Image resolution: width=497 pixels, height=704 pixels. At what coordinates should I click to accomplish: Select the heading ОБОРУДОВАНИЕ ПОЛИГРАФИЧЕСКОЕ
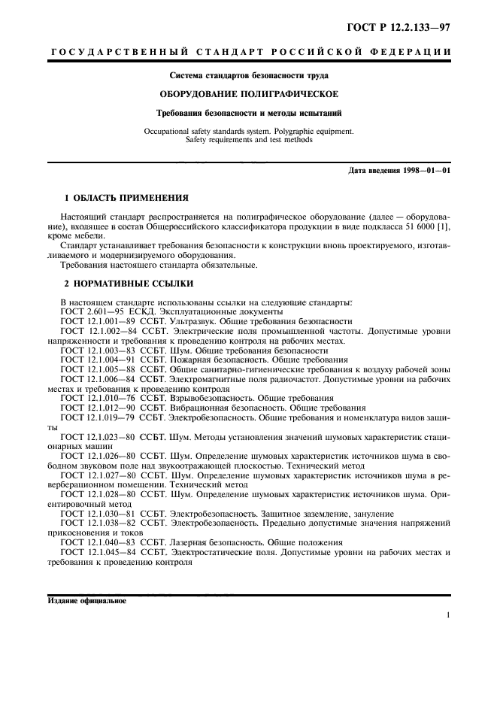click(x=248, y=94)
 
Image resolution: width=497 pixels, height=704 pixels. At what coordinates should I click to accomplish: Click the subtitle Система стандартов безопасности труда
click(x=248, y=75)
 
